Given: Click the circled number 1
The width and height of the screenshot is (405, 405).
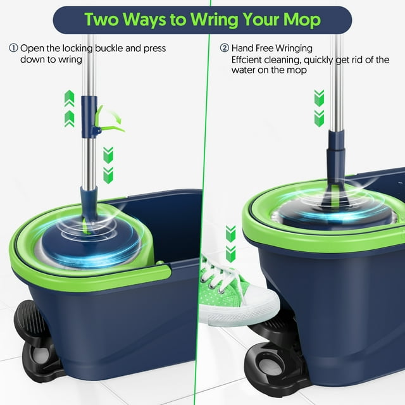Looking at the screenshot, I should (13, 48).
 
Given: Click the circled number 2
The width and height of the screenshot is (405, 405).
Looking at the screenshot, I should (224, 48).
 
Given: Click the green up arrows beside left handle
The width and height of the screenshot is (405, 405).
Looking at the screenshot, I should (70, 108).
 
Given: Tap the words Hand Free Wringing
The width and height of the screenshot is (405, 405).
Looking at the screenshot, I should (272, 48).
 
